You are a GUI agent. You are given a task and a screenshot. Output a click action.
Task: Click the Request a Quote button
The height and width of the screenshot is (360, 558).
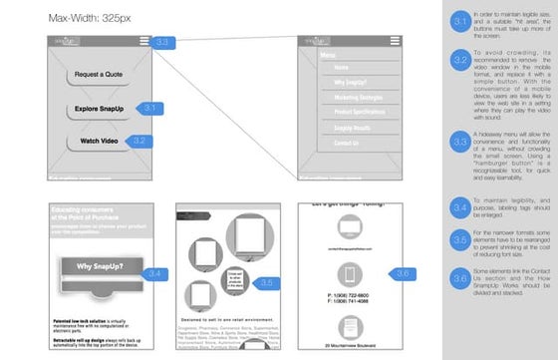click(x=98, y=75)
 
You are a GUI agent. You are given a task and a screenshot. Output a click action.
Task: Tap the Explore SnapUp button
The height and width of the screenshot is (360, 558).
click(x=98, y=108)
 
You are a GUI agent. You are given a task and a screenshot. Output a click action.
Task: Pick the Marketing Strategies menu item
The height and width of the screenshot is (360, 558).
click(x=341, y=97)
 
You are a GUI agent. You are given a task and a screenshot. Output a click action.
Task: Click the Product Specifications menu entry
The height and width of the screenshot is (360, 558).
click(x=343, y=113)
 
